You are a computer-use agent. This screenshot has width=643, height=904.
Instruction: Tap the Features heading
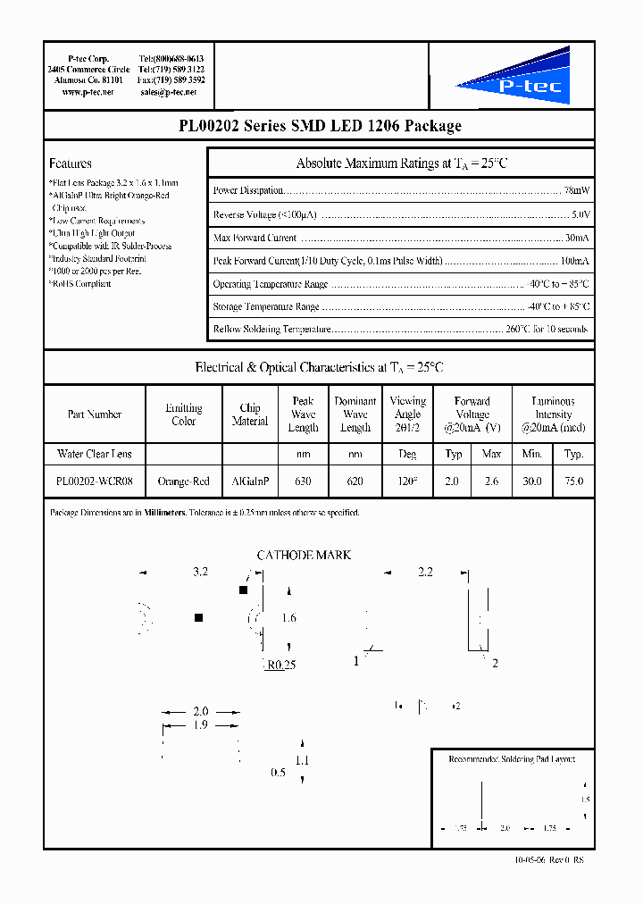pos(71,163)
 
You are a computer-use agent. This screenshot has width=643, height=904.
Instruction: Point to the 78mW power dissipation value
pos(576,191)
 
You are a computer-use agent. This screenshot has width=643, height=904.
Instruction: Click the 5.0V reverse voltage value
pos(580,215)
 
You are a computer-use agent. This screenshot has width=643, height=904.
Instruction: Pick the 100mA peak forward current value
pos(573,262)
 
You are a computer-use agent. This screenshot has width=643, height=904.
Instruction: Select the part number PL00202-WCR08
pos(94,481)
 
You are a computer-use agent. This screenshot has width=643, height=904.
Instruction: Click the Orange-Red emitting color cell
pos(183,481)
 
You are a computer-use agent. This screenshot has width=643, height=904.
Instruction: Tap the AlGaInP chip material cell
pos(250,481)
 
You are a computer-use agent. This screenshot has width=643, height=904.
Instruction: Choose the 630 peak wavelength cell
pos(303,481)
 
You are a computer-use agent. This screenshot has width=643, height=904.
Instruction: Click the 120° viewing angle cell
pos(407,481)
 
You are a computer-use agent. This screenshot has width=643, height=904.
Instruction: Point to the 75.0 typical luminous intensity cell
pos(573,481)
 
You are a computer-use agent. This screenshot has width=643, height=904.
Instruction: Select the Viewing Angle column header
pos(407,414)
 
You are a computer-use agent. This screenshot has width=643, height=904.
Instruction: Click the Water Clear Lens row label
pos(94,455)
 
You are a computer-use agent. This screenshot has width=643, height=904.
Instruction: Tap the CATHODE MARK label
pos(304,556)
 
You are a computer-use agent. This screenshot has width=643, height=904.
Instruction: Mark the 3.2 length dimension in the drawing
pos(200,572)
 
